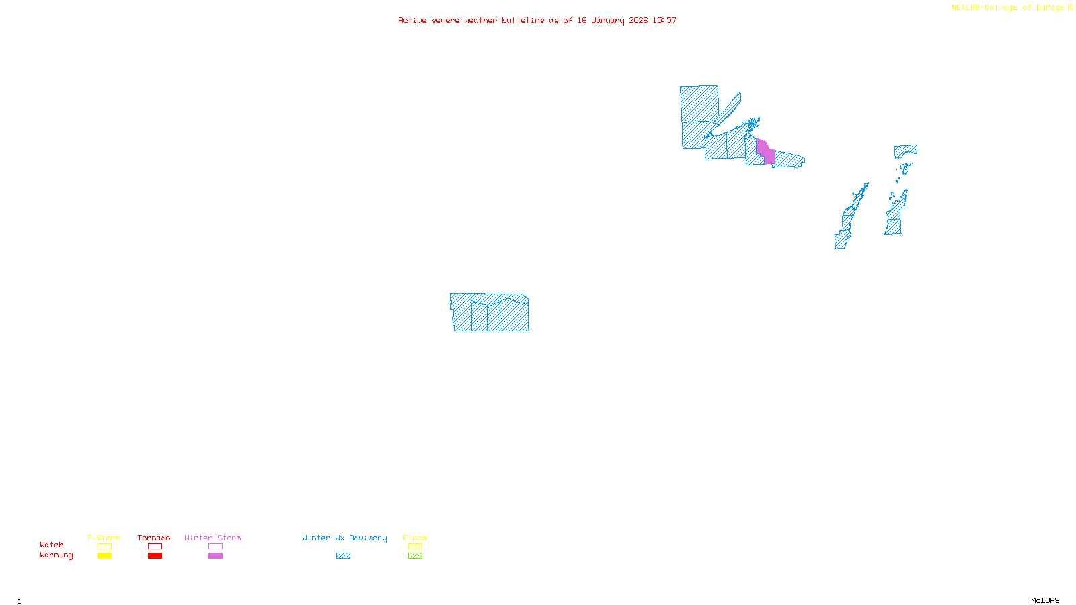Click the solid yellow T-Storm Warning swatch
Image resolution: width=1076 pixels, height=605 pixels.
pos(104,556)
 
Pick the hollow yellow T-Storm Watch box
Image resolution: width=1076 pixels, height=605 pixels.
pos(104,547)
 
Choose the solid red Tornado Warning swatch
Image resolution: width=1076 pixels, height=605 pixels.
pos(155,556)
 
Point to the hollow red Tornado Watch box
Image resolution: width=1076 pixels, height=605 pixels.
pos(155,547)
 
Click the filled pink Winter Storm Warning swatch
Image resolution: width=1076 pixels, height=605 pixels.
pos(215,556)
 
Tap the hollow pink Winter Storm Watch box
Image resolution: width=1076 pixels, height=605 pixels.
pos(215,547)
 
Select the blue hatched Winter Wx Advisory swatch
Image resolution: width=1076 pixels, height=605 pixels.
pos(343,556)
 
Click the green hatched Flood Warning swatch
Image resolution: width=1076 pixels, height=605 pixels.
pos(415,556)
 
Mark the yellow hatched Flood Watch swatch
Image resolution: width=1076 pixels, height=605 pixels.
pos(415,547)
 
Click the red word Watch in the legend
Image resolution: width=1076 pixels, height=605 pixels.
pos(52,544)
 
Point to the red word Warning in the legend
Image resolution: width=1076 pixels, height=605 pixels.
pos(56,555)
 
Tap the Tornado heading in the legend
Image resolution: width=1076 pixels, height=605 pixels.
pos(154,538)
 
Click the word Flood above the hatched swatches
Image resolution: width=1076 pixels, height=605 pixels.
pos(415,538)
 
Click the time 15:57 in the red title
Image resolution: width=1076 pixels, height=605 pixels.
pos(664,20)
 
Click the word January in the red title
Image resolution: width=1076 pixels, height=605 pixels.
pos(607,20)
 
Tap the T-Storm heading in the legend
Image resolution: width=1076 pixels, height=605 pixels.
pos(104,538)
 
